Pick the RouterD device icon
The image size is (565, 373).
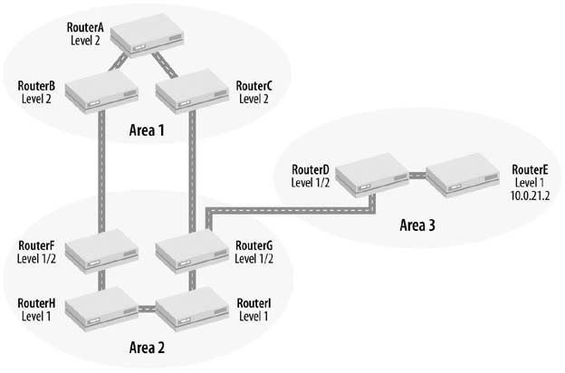[367, 175]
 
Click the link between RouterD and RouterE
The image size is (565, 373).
[414, 174]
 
